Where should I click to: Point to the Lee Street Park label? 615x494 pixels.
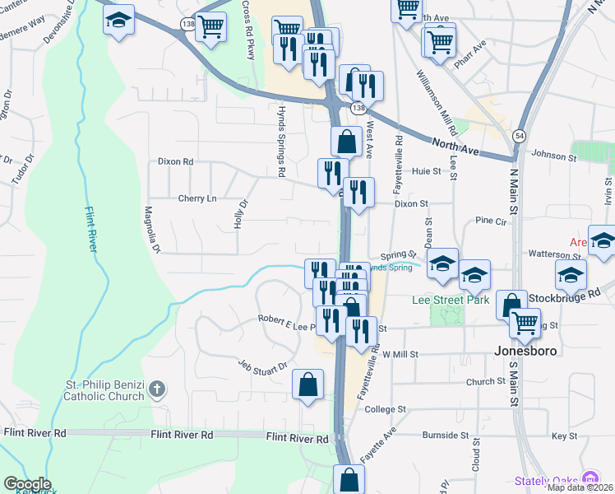click(x=451, y=300)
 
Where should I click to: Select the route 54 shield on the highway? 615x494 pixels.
click(x=519, y=136)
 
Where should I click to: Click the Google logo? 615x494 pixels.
click(x=27, y=484)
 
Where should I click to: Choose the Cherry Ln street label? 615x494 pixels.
click(x=197, y=198)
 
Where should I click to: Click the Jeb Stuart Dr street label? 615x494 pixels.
click(x=262, y=366)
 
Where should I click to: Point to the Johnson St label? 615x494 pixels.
click(x=554, y=155)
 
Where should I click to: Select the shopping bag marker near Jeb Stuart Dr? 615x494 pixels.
click(x=307, y=384)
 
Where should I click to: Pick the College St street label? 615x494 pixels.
click(x=386, y=409)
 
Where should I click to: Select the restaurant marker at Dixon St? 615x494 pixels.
click(x=358, y=193)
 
